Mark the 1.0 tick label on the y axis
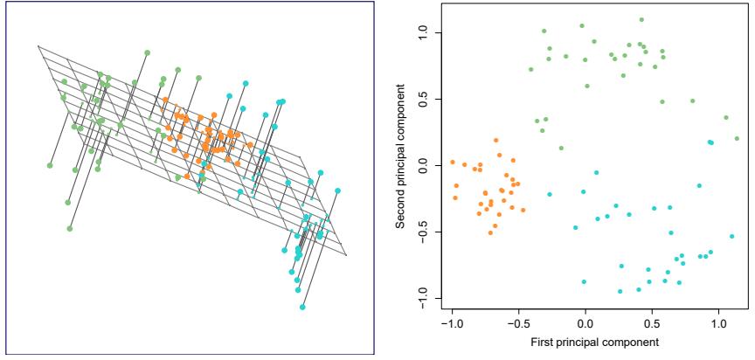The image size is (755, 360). (x=422, y=32)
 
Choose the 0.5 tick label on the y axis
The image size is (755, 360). (x=422, y=99)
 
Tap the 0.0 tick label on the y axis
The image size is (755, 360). (x=422, y=165)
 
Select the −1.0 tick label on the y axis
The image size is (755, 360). (x=422, y=299)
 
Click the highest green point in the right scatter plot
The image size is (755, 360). (x=641, y=19)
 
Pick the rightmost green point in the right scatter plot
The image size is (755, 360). (x=737, y=138)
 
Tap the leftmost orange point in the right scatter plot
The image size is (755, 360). (x=452, y=163)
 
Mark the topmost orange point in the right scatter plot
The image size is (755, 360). (x=495, y=140)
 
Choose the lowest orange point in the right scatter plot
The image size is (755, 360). (x=490, y=232)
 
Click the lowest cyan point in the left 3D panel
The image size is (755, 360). (x=302, y=308)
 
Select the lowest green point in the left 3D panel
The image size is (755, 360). (x=70, y=229)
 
